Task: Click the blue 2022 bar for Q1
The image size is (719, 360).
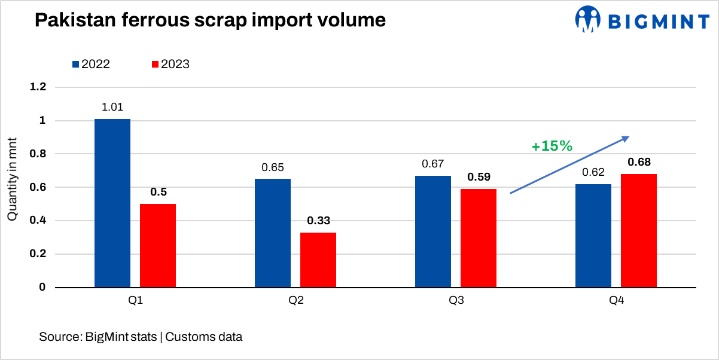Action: click(112, 203)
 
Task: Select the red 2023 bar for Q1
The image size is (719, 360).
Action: click(158, 246)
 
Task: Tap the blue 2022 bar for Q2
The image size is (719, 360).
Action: click(273, 233)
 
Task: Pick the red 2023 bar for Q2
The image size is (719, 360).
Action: click(318, 260)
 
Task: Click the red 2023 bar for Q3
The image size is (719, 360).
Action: click(478, 238)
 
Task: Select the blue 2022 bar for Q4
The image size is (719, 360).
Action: click(593, 236)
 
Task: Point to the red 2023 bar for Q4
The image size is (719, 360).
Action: click(639, 231)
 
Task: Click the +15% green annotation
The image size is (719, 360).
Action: click(552, 146)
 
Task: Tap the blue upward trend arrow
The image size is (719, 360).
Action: click(569, 165)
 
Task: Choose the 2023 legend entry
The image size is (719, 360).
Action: click(170, 64)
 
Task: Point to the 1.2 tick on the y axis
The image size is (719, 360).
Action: click(38, 87)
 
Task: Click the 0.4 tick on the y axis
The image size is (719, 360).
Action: click(38, 221)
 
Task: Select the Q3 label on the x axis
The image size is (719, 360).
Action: click(456, 301)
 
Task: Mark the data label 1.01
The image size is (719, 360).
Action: click(112, 108)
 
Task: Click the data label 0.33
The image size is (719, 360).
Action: click(318, 221)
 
